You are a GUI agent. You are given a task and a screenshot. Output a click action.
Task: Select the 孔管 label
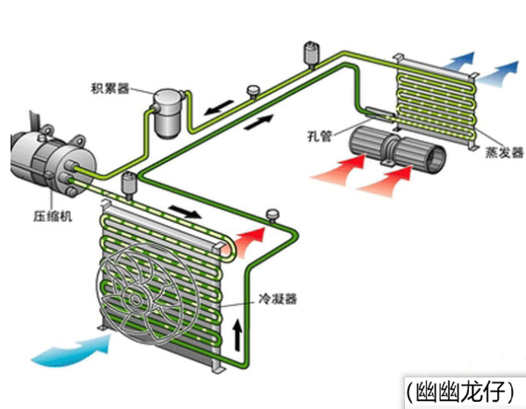[318, 135]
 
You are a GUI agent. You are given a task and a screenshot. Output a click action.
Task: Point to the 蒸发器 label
[500, 147]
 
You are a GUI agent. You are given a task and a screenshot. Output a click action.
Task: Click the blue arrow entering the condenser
[74, 353]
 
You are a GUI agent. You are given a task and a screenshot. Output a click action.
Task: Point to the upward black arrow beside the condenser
[237, 332]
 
